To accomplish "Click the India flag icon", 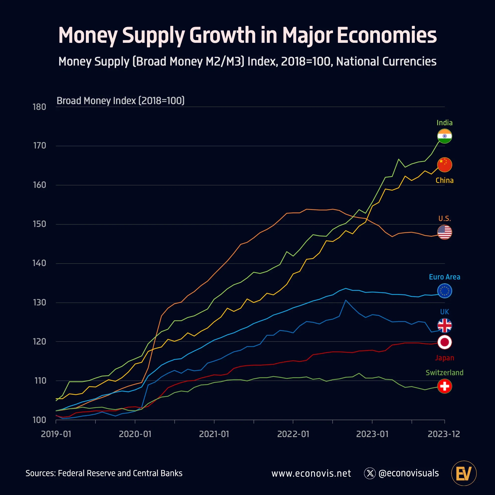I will point(445,136).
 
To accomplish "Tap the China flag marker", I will point(445,165).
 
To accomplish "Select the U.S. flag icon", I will point(445,232).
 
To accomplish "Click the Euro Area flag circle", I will point(445,291).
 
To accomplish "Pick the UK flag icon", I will point(445,325).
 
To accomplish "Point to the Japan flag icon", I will point(445,342).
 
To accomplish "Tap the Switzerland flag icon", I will point(445,386).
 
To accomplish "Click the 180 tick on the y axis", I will point(39,107).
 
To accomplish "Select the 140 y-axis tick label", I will point(39,263).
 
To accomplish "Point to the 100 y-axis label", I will point(39,420).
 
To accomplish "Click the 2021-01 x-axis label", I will point(214,434).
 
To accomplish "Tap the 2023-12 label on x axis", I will point(444,434).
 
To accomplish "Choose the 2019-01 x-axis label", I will point(56,434).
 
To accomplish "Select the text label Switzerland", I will point(445,372).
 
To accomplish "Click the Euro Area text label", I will point(445,277).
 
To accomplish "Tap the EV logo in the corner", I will point(464,473).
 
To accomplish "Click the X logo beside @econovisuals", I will point(370,473).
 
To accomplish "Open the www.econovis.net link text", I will point(311,473).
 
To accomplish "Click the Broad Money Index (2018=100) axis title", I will point(121,101).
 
